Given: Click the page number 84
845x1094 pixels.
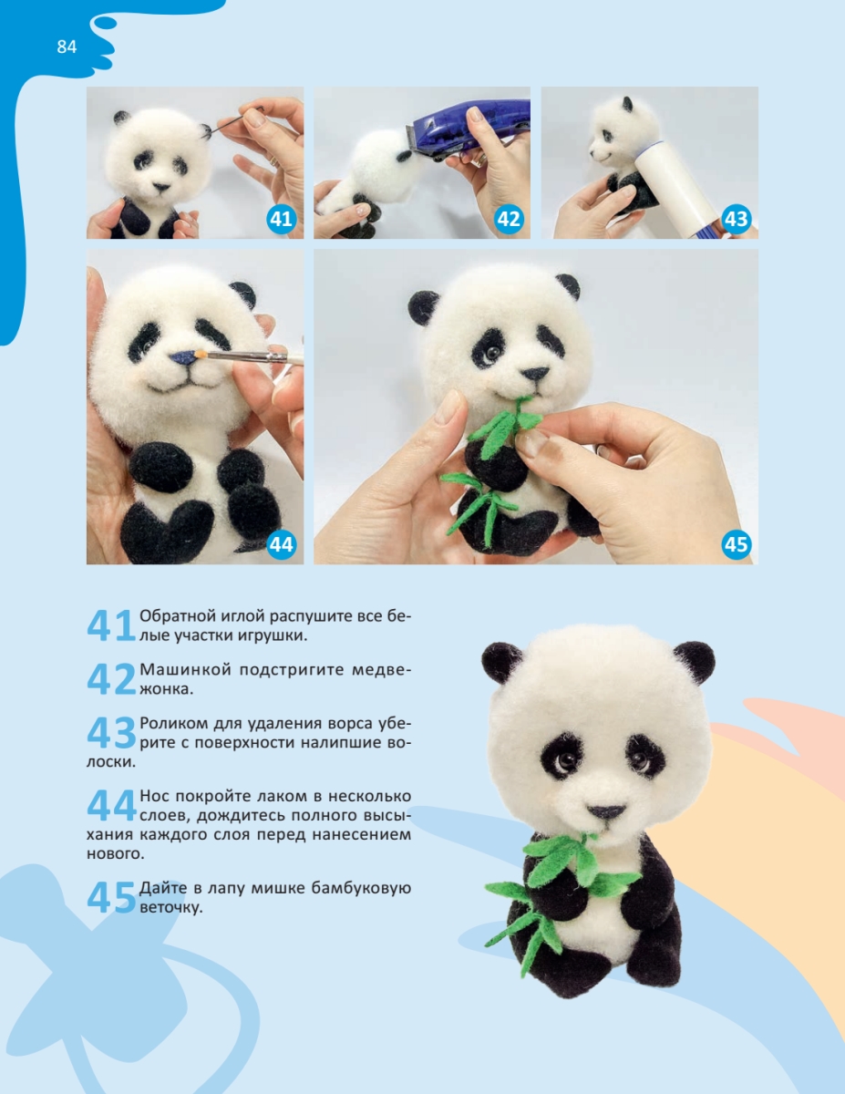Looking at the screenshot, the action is point(67,46).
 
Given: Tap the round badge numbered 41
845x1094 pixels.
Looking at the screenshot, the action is point(281,219).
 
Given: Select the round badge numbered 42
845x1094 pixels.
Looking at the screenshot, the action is point(509,219).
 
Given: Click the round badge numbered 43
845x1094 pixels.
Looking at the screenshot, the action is point(736,219).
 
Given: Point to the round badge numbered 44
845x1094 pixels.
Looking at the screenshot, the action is point(281,544).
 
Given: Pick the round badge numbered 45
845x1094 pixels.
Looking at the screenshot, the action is point(736,544).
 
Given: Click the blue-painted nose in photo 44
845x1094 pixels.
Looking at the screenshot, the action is point(183,358).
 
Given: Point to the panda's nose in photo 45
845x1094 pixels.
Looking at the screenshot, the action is point(535,374).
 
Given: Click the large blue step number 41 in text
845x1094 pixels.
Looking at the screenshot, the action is point(110,625).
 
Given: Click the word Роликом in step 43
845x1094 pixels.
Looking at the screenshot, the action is point(173,724).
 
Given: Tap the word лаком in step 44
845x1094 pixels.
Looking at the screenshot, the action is point(292,797).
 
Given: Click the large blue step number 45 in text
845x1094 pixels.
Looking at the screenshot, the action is point(110,898).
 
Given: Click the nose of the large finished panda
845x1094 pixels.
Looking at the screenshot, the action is point(606,811).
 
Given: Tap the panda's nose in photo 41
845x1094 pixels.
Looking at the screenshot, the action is point(161,188).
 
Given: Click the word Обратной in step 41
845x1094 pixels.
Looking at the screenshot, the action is point(177,615).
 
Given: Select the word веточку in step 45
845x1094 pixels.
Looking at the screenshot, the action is point(170,908).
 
